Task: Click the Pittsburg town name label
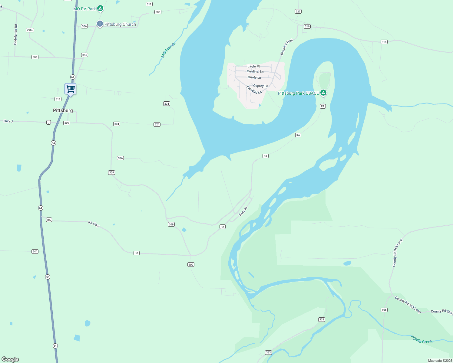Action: point(63,110)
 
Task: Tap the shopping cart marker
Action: point(70,89)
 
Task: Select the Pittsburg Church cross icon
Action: point(100,24)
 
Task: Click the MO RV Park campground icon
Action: point(100,8)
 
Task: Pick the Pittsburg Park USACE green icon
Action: point(323,93)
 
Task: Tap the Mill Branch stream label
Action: point(168,50)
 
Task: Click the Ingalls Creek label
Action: point(421,339)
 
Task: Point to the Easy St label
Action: point(243,211)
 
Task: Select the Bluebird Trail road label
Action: point(286,47)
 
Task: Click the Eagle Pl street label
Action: point(253,66)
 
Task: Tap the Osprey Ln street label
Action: point(260,86)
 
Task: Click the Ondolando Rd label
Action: point(16,35)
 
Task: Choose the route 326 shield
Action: point(120,158)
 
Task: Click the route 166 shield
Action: point(384,310)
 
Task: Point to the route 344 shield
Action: point(35,251)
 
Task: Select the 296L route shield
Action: point(30,30)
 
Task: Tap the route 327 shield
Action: point(298,11)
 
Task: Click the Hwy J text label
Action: point(8,121)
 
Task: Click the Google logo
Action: point(10,359)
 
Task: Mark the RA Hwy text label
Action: point(94,224)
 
